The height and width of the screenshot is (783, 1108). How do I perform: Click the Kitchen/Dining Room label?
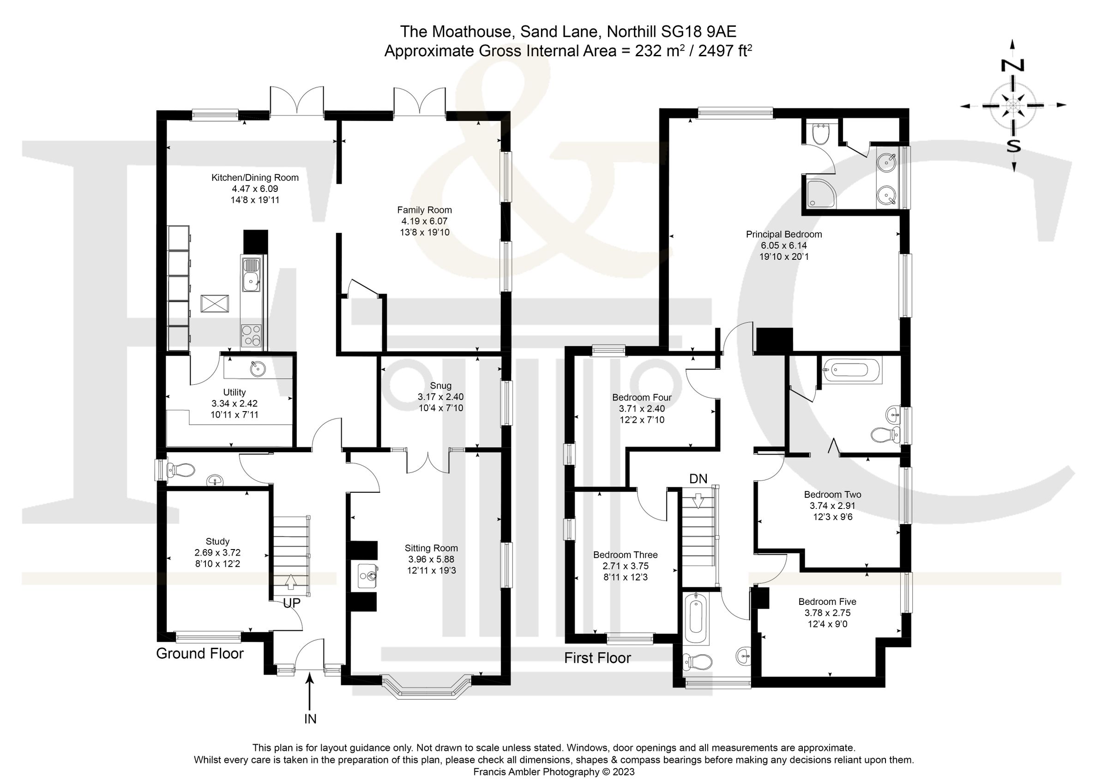pyautogui.click(x=255, y=178)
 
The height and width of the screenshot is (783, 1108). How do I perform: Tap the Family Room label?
pyautogui.click(x=424, y=210)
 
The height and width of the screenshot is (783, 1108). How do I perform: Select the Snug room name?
pyautogui.click(x=440, y=385)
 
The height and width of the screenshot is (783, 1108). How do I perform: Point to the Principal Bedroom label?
pyautogui.click(x=784, y=234)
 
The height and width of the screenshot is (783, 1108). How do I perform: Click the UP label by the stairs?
pyautogui.click(x=291, y=603)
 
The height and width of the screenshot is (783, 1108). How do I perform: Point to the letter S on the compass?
pyautogui.click(x=1013, y=145)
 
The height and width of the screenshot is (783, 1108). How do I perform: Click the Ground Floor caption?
pyautogui.click(x=200, y=654)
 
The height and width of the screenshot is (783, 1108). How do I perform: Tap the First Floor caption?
pyautogui.click(x=597, y=658)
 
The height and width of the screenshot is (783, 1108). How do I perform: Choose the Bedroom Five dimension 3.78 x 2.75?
pyautogui.click(x=827, y=613)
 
